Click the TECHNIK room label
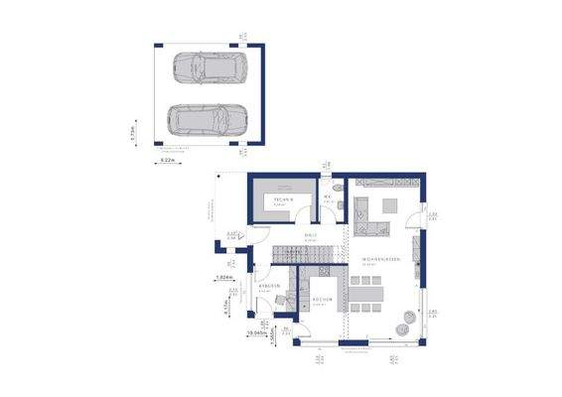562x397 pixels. click(281, 197)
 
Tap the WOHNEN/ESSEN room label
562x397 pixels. click(381, 259)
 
